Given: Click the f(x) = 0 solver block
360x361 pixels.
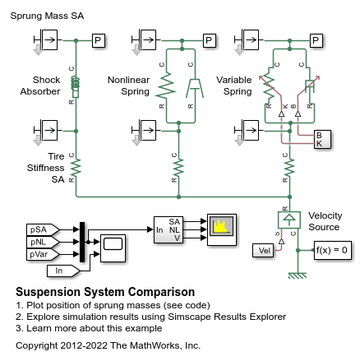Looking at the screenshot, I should pos(333,250).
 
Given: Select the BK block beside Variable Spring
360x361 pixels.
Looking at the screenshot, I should pos(323,139).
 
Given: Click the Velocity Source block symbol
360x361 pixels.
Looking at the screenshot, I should pos(288,220).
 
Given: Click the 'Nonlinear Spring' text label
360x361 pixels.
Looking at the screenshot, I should pos(128,86).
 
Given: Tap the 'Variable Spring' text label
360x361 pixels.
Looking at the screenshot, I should pos(234,86).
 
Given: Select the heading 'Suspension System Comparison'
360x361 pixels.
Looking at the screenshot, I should pos(105,292).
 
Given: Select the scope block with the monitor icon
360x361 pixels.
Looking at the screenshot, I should pos(113,245).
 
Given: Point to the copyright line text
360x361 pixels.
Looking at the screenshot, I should pos(108,345).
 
